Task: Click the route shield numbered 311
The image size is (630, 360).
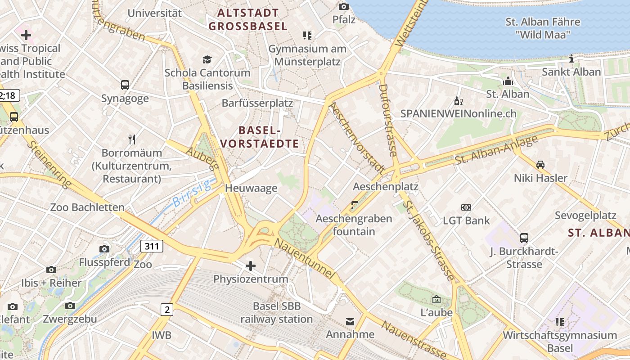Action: coord(152,246)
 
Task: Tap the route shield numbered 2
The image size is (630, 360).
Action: coord(167,309)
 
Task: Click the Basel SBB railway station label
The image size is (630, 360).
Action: coord(276,313)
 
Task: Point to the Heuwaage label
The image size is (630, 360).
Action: coord(251,188)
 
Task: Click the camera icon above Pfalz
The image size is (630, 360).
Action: coord(344,6)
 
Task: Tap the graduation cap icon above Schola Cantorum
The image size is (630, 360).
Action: coord(207,59)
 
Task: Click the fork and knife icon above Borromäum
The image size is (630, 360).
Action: coord(132,139)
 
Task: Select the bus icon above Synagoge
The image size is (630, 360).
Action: coord(125,85)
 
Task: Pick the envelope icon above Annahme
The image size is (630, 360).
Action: coord(350,321)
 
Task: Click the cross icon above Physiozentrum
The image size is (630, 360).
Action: coord(251,266)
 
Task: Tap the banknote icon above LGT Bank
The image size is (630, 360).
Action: coord(466,207)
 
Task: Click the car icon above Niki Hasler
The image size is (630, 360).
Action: coord(540,165)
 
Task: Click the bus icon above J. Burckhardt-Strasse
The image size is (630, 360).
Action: coord(524,238)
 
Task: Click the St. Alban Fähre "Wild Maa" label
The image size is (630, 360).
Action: coord(543,28)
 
